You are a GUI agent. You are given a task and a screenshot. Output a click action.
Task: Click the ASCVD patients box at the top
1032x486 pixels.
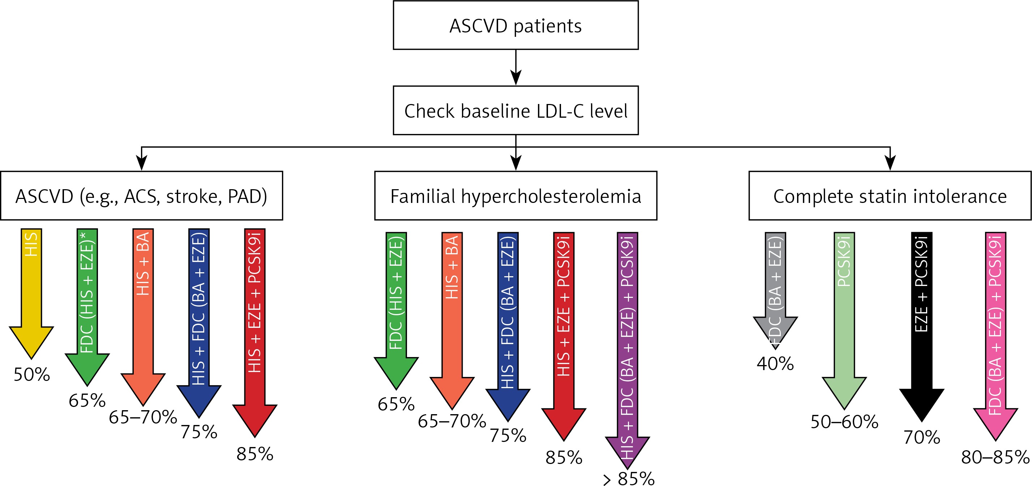[515, 25]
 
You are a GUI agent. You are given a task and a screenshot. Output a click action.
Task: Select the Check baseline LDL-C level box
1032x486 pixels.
[515, 110]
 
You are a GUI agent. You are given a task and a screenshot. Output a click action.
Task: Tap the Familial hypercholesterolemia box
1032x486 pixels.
[515, 196]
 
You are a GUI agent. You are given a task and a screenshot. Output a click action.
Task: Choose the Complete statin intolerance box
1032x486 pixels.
[890, 196]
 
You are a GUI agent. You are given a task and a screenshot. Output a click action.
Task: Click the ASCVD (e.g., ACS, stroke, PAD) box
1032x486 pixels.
[141, 196]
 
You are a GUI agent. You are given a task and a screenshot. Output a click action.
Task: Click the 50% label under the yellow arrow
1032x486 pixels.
[32, 375]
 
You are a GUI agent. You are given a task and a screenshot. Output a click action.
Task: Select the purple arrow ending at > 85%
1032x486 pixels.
[628, 350]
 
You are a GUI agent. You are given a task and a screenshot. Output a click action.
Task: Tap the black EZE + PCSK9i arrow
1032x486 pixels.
[921, 327]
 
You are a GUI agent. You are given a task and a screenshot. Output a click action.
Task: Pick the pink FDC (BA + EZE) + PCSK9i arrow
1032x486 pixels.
[995, 336]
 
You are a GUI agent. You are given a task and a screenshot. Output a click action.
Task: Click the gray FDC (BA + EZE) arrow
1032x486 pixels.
[775, 291]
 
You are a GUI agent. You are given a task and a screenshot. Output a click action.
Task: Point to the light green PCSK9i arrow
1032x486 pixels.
[844, 320]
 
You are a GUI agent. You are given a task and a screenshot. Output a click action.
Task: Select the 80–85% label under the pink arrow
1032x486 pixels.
[995, 457]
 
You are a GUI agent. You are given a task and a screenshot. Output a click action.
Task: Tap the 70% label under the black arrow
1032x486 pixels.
[922, 438]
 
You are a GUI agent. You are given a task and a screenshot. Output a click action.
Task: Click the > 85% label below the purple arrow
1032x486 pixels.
[629, 478]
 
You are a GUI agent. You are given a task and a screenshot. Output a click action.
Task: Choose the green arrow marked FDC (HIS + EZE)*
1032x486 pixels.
[87, 307]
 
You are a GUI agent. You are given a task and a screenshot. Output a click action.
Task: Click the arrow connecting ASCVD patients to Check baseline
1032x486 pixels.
[515, 67]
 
